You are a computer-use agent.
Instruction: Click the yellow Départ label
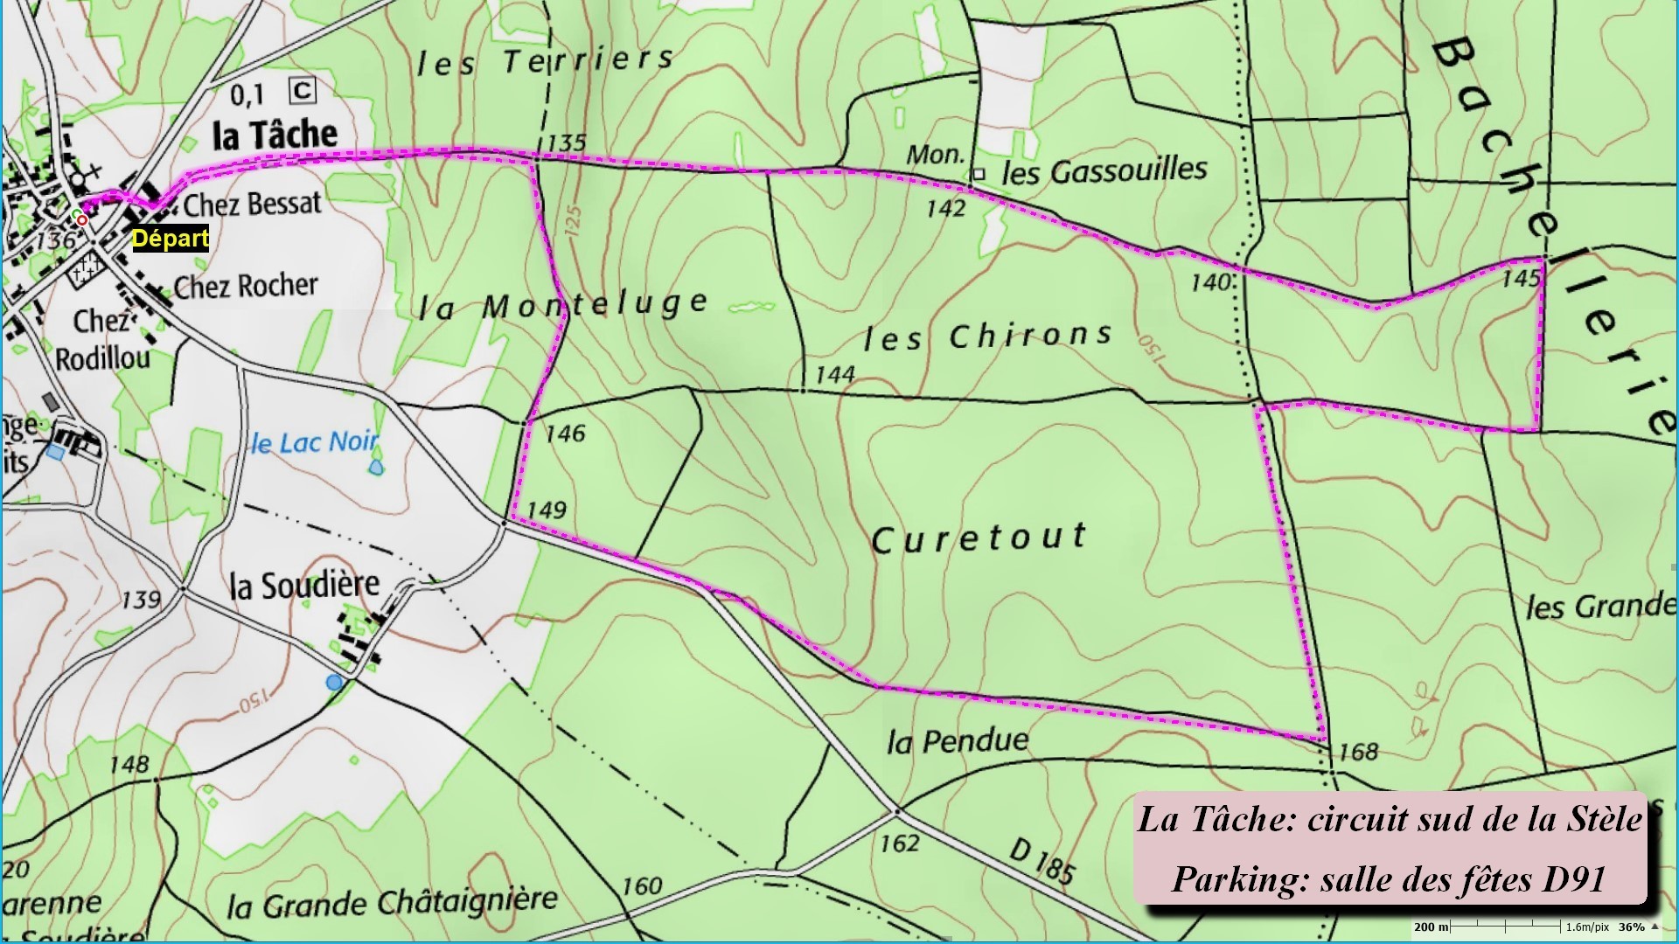(x=171, y=239)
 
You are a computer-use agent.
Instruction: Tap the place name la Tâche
(x=275, y=135)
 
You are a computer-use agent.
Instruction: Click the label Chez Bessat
(x=252, y=204)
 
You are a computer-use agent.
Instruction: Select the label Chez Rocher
(x=246, y=286)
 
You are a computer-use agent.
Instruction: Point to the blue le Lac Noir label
(x=315, y=443)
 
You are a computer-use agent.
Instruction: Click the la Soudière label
(x=304, y=585)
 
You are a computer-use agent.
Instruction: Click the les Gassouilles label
(x=1104, y=170)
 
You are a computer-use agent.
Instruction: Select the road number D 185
(x=1042, y=861)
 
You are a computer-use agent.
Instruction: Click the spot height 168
(x=1358, y=752)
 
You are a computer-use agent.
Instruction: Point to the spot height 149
(x=547, y=510)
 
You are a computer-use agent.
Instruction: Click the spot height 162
(x=900, y=843)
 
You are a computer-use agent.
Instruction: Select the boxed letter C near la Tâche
(x=303, y=90)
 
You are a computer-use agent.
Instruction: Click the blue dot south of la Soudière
(x=334, y=682)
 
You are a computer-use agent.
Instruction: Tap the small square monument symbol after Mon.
(x=979, y=174)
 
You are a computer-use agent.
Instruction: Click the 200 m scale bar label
(x=1431, y=927)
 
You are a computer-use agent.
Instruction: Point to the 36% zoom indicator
(x=1631, y=927)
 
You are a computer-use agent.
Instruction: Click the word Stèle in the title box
(x=1606, y=820)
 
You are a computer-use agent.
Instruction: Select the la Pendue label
(x=958, y=742)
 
